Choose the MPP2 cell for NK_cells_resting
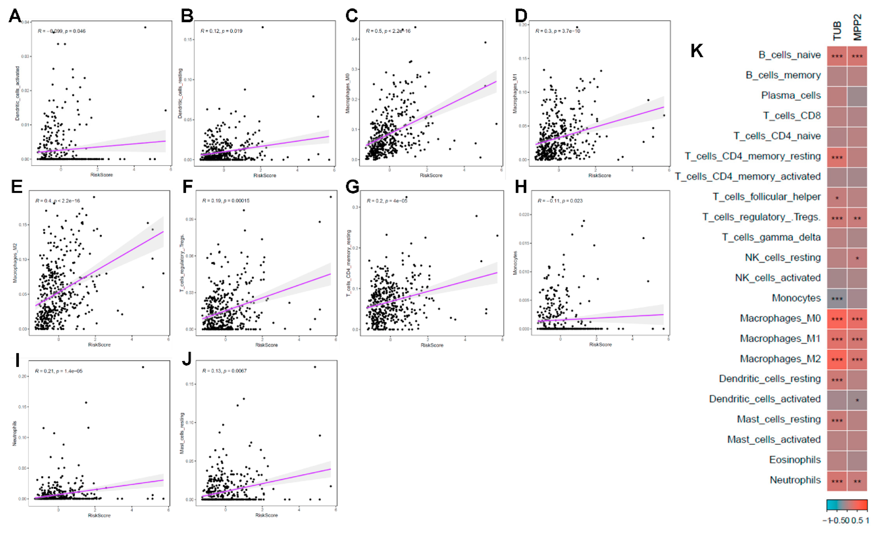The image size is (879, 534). (x=857, y=258)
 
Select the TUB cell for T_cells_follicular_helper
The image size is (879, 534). (x=837, y=197)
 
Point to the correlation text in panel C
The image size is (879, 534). (x=388, y=31)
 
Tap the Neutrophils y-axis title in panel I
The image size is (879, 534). (x=15, y=433)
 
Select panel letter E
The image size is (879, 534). (x=17, y=187)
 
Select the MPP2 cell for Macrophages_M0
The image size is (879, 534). (x=857, y=319)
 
